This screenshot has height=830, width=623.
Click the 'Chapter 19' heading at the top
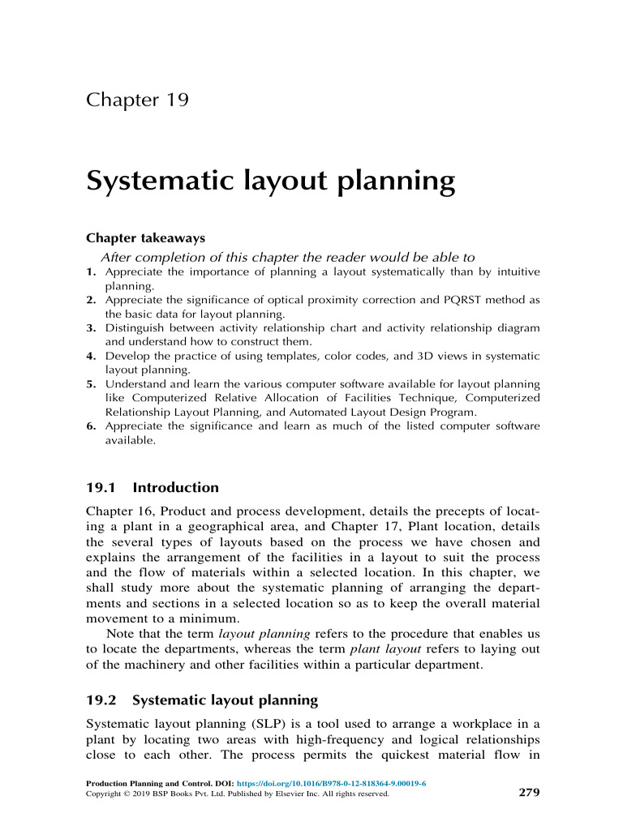(x=137, y=101)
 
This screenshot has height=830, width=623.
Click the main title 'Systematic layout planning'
(x=270, y=181)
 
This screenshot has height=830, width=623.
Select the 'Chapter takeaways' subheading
(x=145, y=238)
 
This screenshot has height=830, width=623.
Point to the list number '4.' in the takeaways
(x=92, y=356)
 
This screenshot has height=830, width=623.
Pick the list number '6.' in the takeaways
(x=92, y=426)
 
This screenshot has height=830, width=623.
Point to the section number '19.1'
(x=102, y=488)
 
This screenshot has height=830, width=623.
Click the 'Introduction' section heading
(x=175, y=488)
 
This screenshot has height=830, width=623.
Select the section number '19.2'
(x=102, y=700)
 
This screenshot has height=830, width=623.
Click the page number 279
(x=528, y=792)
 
